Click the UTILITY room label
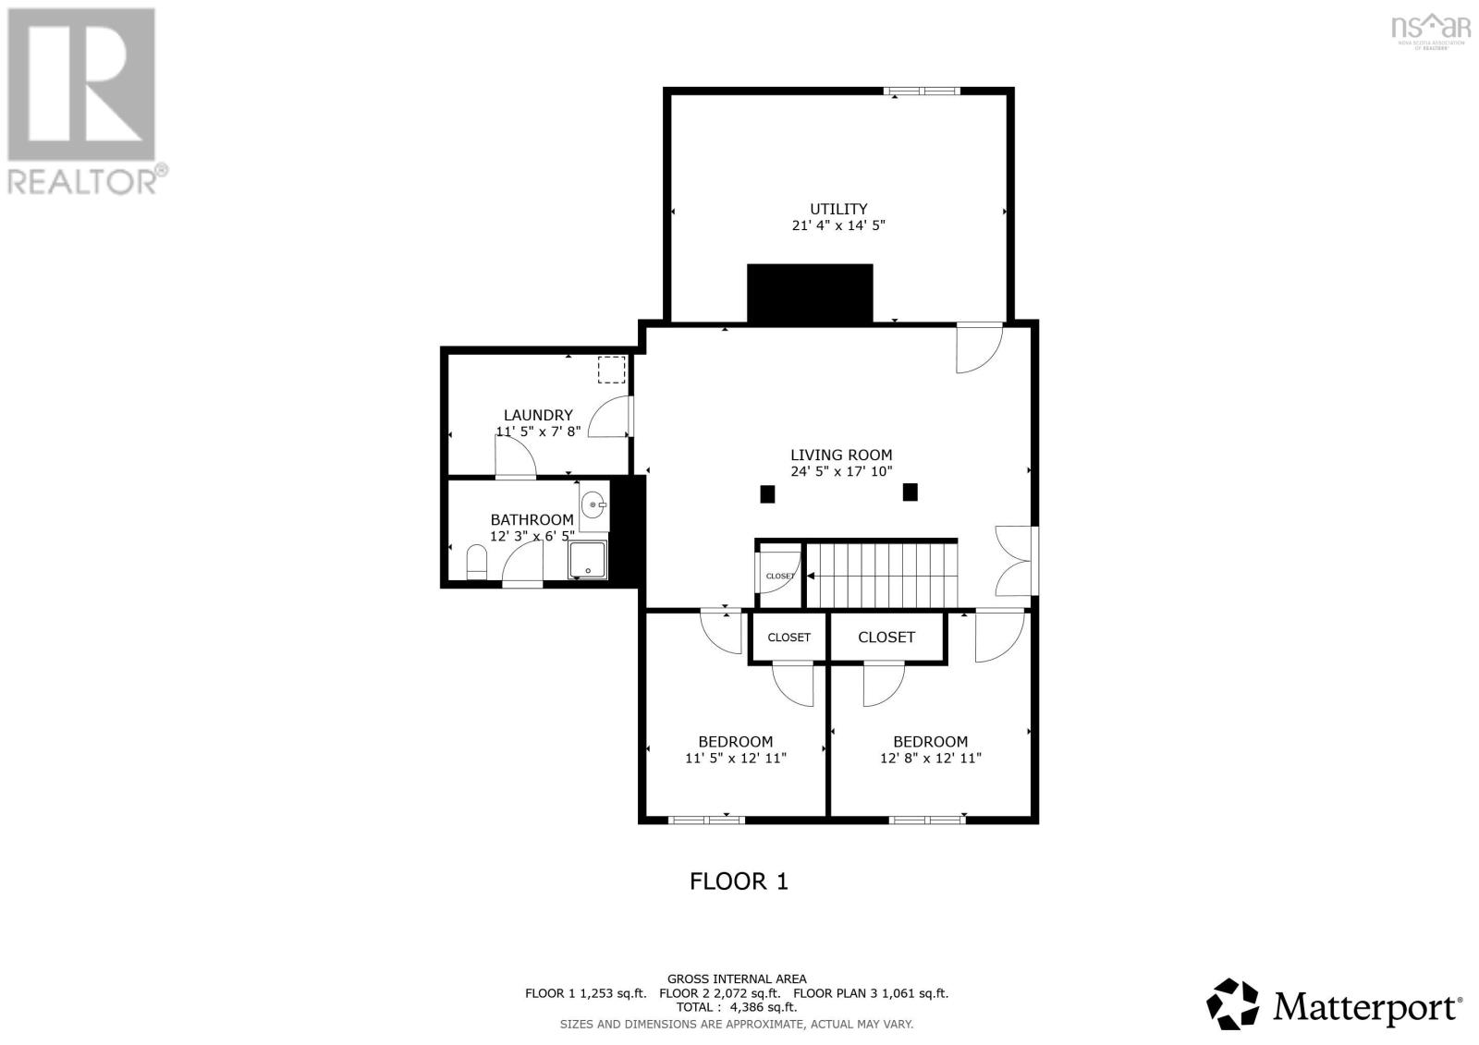(838, 209)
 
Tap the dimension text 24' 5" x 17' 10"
(840, 471)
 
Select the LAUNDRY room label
(538, 415)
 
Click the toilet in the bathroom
(477, 562)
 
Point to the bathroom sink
(594, 505)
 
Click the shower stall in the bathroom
(589, 559)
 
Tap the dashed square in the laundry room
(611, 370)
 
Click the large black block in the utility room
(810, 293)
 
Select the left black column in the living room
(767, 494)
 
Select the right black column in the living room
(911, 492)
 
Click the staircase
(880, 574)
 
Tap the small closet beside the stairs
(779, 576)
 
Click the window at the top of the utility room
(922, 91)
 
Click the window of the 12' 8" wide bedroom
(927, 819)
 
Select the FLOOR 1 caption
(739, 881)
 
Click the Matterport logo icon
(1233, 1003)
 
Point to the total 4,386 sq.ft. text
(736, 1007)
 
